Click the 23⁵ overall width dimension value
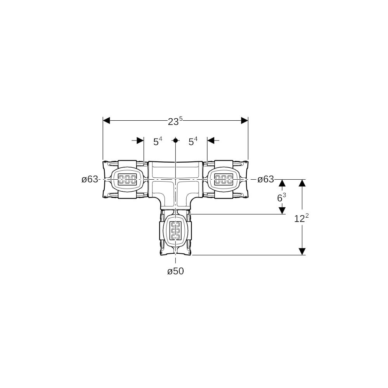click(x=175, y=121)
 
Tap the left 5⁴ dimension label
click(x=158, y=141)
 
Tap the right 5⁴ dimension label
click(x=193, y=141)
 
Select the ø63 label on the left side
click(x=90, y=179)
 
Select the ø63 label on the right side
click(x=266, y=179)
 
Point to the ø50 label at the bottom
click(x=176, y=272)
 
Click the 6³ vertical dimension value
click(x=282, y=197)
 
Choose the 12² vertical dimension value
click(x=301, y=218)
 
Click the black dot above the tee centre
click(x=175, y=140)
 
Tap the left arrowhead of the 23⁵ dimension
click(x=106, y=121)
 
